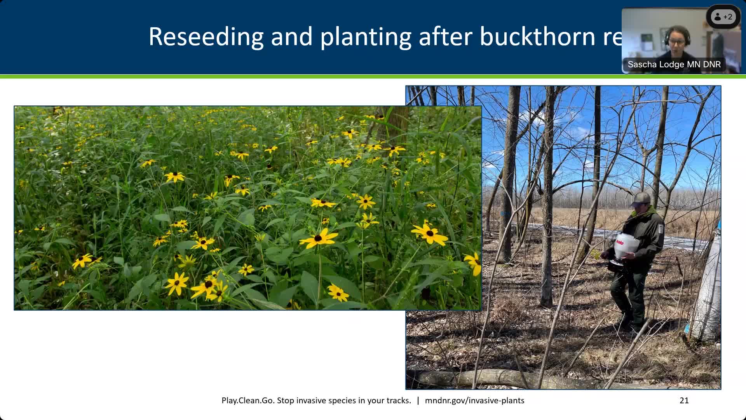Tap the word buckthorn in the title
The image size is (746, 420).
538,37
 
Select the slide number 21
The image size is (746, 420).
684,401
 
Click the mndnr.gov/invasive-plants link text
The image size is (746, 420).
474,401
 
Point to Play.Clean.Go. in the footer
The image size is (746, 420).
248,401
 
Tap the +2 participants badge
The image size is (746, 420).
723,17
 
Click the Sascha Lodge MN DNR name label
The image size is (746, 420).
674,65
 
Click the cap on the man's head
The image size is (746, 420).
640,199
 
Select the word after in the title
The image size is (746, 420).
445,37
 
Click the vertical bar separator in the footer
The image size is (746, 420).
418,401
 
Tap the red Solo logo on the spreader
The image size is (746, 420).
619,243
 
